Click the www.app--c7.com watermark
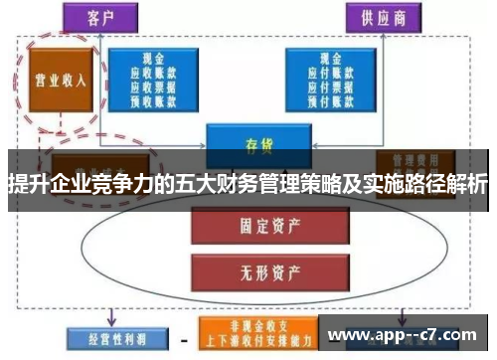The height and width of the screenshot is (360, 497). [408, 335]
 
